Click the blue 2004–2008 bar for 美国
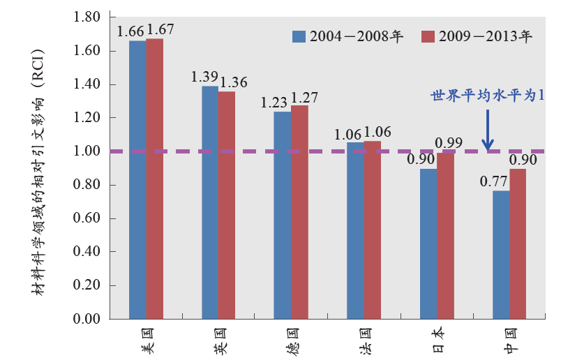point(137,179)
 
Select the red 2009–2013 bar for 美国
point(155,179)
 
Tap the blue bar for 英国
point(210,202)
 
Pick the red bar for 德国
point(299,212)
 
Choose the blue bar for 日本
point(428,243)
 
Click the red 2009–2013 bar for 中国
point(518,243)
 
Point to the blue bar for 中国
point(501,255)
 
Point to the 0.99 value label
point(449,144)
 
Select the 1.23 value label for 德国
point(274,103)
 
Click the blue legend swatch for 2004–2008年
point(299,37)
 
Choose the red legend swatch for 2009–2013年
point(428,37)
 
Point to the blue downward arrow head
point(488,145)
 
